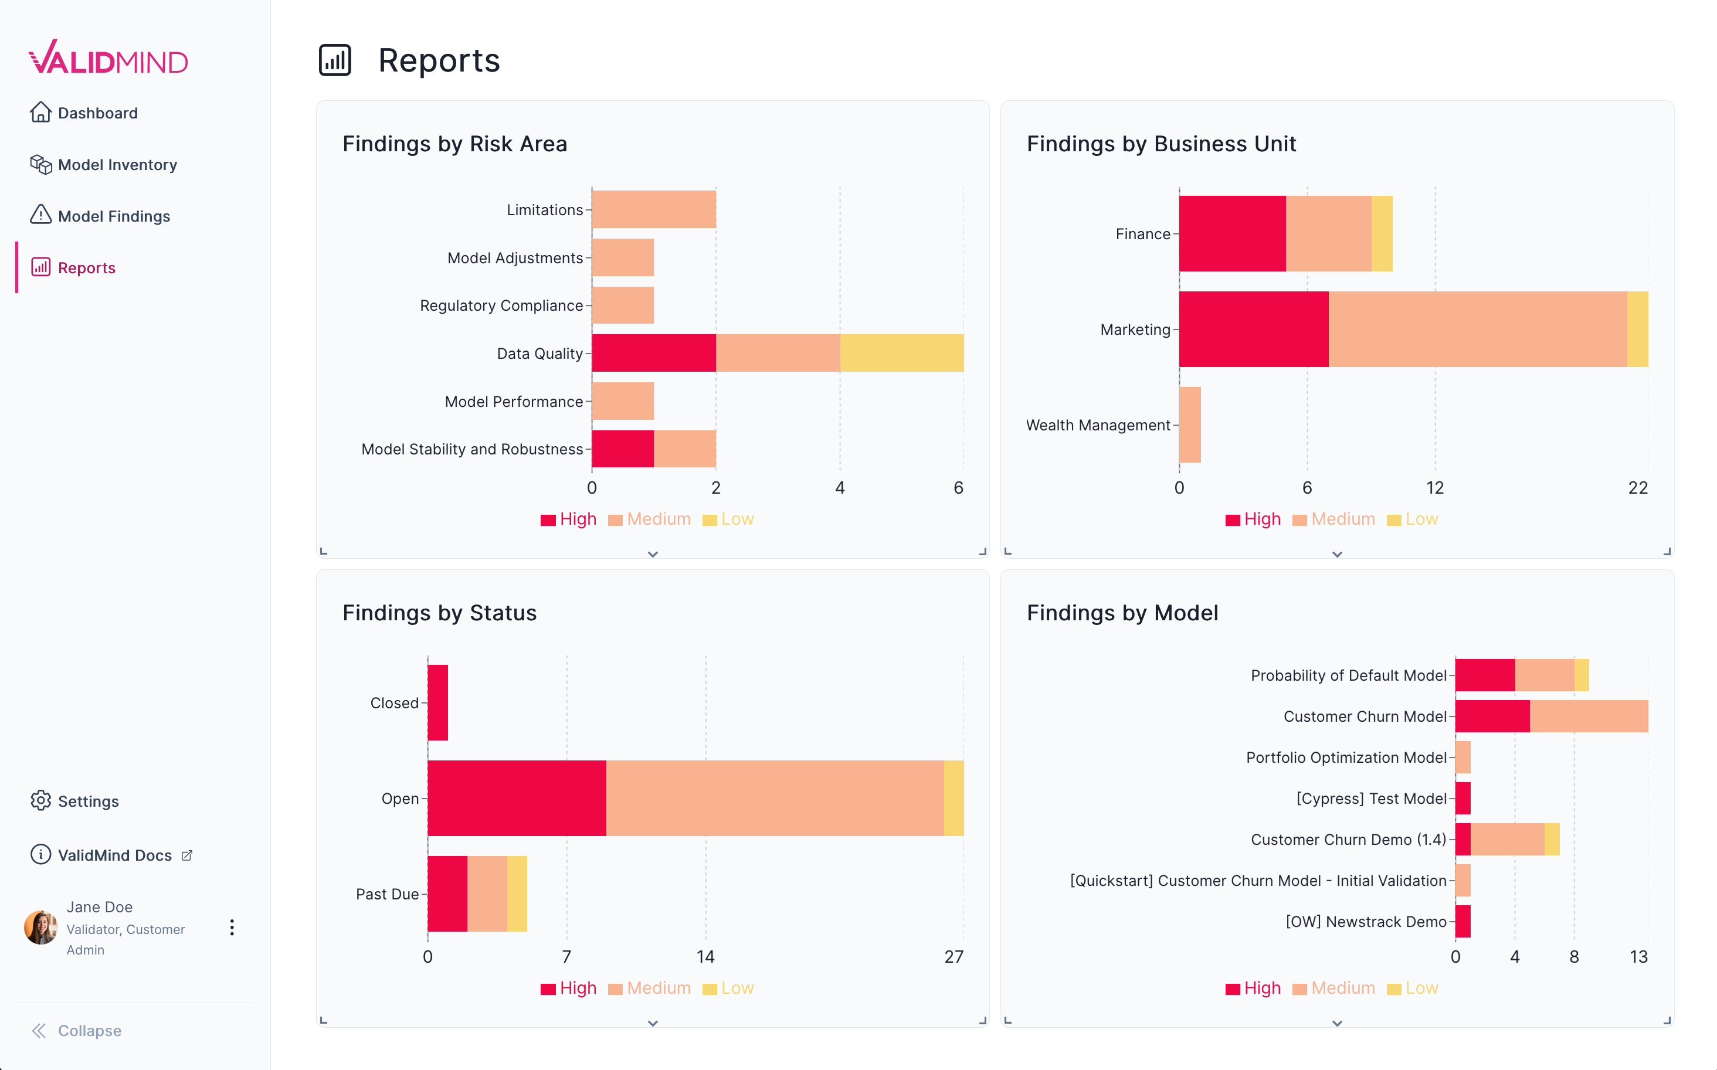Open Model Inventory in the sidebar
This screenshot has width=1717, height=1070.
click(117, 165)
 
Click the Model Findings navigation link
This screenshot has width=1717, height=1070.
click(113, 216)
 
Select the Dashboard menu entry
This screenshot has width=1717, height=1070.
click(97, 113)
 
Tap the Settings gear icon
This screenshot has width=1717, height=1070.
click(41, 800)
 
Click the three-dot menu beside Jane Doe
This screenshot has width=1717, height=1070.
click(232, 928)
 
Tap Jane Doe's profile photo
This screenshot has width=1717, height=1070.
click(40, 927)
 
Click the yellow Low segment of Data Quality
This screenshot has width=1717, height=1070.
click(901, 353)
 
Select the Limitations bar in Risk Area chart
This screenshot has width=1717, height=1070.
click(653, 209)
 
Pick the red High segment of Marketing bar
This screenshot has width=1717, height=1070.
click(1253, 329)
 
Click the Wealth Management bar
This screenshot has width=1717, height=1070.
click(1190, 424)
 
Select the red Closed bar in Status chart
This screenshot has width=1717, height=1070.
click(437, 703)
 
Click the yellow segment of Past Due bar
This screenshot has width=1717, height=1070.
click(517, 894)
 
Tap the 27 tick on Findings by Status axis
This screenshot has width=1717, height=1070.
click(953, 957)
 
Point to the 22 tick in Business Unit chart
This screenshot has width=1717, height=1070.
click(1637, 488)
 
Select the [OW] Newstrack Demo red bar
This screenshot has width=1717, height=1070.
click(1462, 922)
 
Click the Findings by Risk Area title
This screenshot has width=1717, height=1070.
click(454, 144)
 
